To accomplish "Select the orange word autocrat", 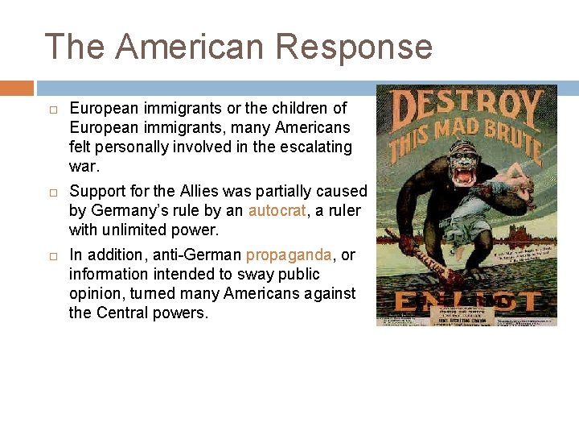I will pos(277,211).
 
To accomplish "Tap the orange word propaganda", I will pos(289,255).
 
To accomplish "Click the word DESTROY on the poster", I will pos(466,108).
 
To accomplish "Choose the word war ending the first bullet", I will pos(84,166).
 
